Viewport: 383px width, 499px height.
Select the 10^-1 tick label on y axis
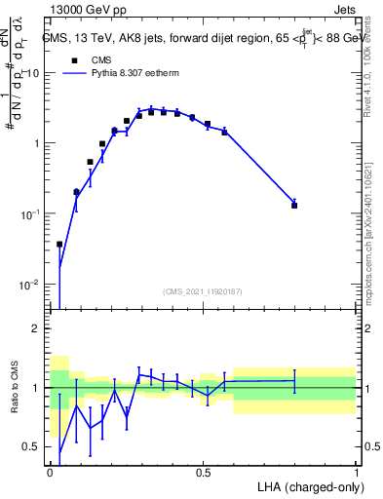pos(30,213)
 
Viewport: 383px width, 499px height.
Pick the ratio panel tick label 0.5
pos(30,447)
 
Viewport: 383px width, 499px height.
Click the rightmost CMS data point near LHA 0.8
pos(294,205)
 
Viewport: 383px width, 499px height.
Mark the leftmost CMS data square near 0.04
pos(59,245)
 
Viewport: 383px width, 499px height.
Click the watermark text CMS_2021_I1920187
pos(203,290)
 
